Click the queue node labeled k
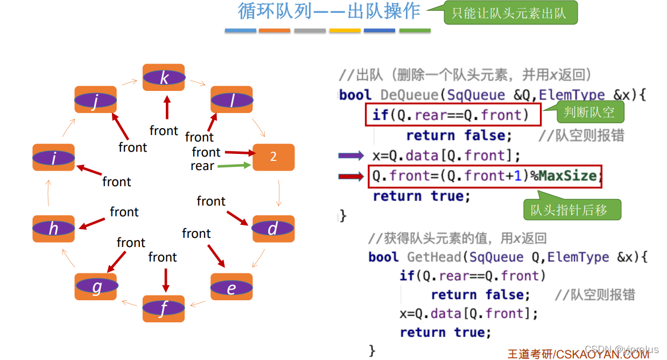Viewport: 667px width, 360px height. click(164, 77)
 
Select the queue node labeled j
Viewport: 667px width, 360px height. click(95, 100)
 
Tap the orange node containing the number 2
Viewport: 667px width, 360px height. click(273, 157)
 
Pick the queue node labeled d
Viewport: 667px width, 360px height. click(273, 229)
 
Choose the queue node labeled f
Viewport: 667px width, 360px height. click(164, 308)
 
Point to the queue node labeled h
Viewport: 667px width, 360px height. click(53, 229)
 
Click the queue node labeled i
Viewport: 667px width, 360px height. click(53, 158)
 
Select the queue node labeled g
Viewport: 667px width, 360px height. click(96, 287)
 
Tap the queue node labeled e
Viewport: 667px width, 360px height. click(231, 287)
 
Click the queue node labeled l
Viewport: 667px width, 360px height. click(231, 100)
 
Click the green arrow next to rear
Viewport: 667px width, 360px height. click(234, 166)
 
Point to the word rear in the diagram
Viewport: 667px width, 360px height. click(202, 166)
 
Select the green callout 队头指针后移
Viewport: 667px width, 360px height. click(572, 210)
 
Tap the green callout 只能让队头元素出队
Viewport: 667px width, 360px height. click(509, 13)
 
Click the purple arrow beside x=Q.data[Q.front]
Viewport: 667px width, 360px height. click(351, 156)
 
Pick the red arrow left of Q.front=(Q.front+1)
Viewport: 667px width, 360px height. click(351, 176)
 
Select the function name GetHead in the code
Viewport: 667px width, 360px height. click(436, 257)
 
